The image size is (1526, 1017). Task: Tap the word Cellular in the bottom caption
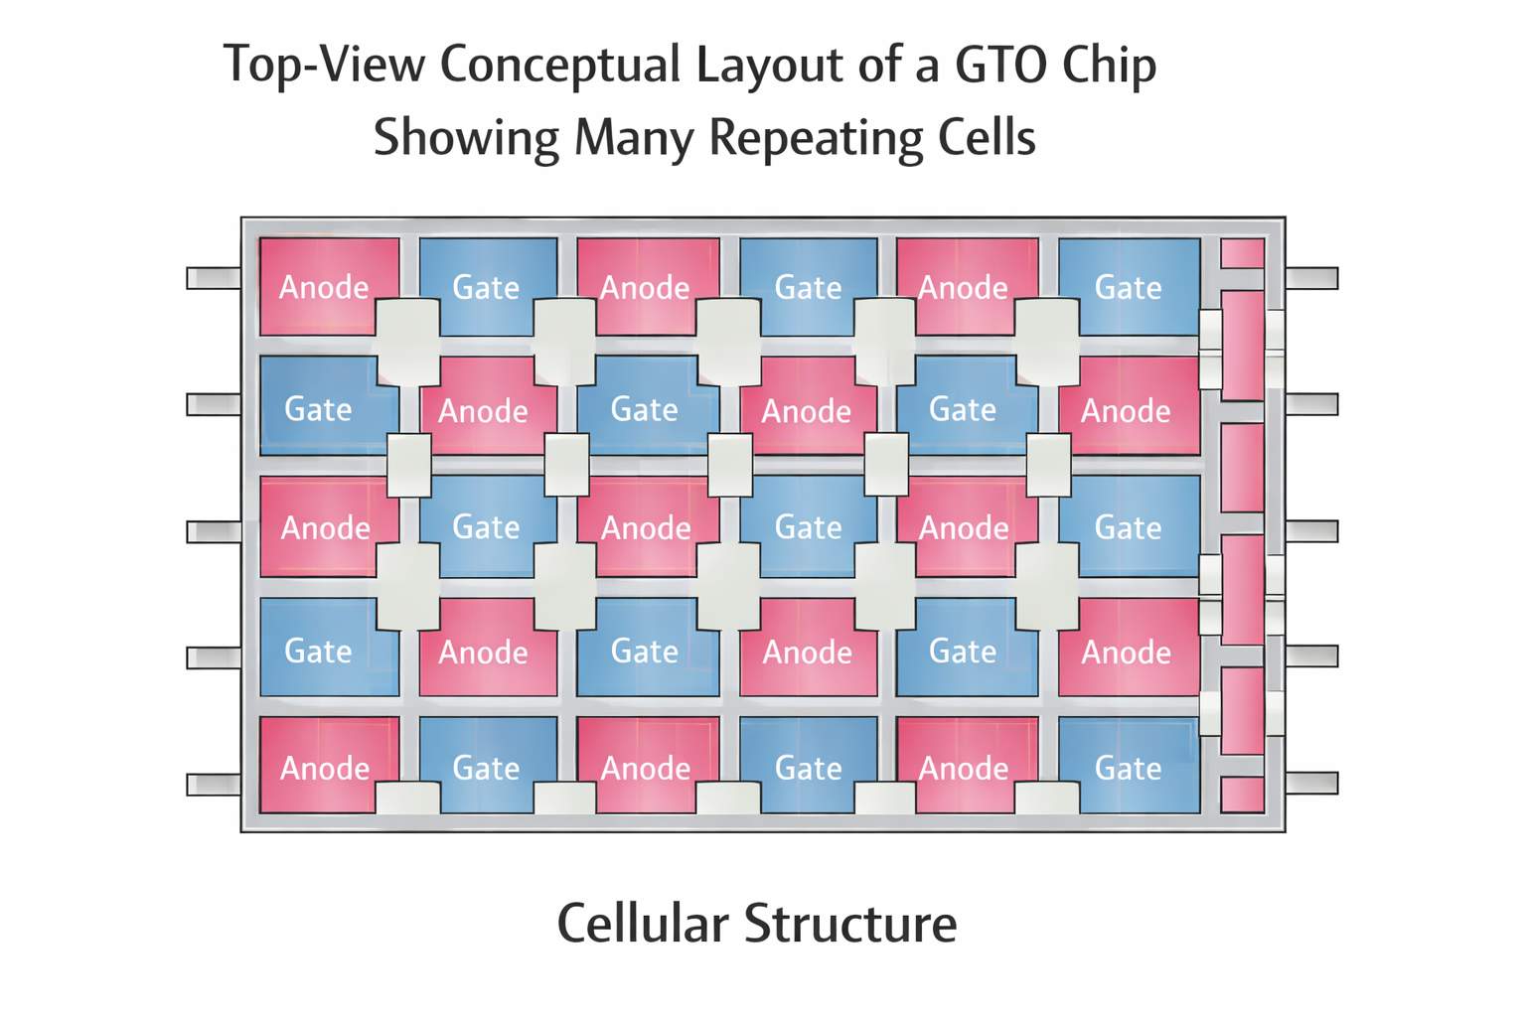click(642, 923)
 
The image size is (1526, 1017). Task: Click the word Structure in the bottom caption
click(850, 923)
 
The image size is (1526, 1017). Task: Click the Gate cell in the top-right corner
click(1129, 285)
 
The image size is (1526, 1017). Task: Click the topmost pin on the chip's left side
click(214, 278)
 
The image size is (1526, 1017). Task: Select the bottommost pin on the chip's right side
click(1311, 783)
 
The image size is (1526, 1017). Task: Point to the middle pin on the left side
click(214, 531)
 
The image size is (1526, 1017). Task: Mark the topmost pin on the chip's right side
click(1311, 278)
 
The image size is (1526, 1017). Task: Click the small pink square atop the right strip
click(1242, 253)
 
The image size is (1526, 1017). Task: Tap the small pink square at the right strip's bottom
click(1242, 795)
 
